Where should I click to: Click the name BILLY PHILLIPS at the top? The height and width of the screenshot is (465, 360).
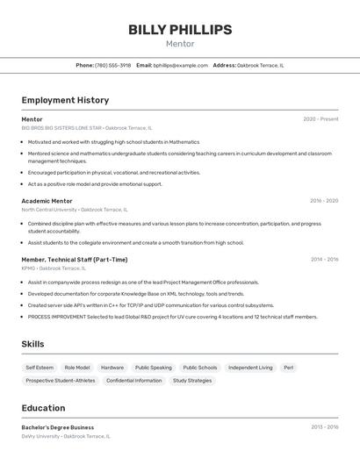click(x=180, y=30)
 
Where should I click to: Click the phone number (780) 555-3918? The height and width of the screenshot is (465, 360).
click(x=112, y=65)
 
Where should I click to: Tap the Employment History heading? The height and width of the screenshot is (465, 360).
click(x=65, y=100)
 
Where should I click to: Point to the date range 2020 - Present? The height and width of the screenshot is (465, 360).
click(x=320, y=119)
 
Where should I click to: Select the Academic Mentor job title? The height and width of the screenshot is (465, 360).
click(x=47, y=201)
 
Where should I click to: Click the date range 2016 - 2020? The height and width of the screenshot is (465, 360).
click(x=323, y=201)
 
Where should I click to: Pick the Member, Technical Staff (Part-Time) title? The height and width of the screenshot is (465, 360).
click(x=75, y=260)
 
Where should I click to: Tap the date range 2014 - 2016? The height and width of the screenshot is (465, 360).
click(x=324, y=260)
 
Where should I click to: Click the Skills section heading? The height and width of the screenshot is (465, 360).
click(x=32, y=344)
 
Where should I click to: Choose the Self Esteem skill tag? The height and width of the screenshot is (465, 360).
click(x=40, y=368)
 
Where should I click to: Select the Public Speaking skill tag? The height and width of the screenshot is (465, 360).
click(x=153, y=368)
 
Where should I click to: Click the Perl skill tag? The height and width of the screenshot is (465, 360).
click(x=289, y=368)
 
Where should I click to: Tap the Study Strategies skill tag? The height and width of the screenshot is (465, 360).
click(x=192, y=381)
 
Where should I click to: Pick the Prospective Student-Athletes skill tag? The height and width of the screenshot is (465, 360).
click(x=61, y=381)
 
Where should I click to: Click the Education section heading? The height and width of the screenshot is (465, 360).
click(x=43, y=408)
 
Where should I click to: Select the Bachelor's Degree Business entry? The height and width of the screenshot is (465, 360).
click(x=58, y=427)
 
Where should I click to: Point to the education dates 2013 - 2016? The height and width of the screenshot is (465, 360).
click(x=324, y=427)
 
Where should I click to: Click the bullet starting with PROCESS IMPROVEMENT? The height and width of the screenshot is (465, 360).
click(x=172, y=317)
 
